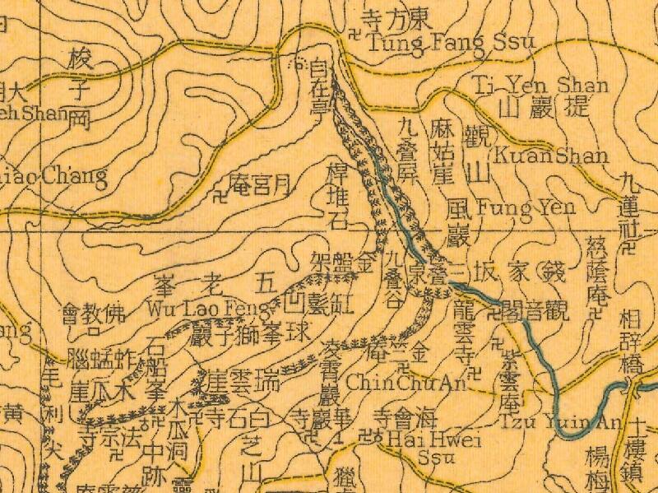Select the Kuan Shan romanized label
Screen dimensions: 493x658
550,156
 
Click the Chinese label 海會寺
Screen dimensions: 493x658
395,416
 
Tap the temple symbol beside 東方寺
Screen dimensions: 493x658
354,35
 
